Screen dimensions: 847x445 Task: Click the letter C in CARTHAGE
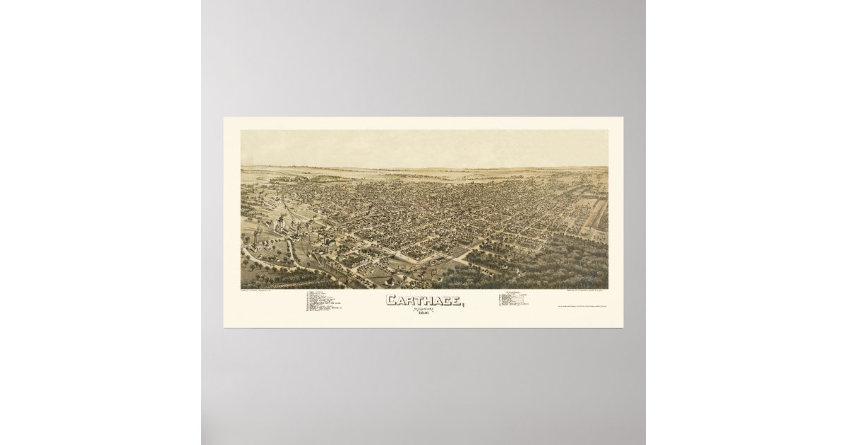(x=390, y=300)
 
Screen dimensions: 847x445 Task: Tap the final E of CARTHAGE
(x=455, y=300)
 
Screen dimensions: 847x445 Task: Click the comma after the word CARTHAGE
(x=463, y=304)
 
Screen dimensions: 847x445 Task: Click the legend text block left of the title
(x=323, y=302)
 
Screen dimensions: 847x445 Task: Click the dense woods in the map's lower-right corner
(x=565, y=268)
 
